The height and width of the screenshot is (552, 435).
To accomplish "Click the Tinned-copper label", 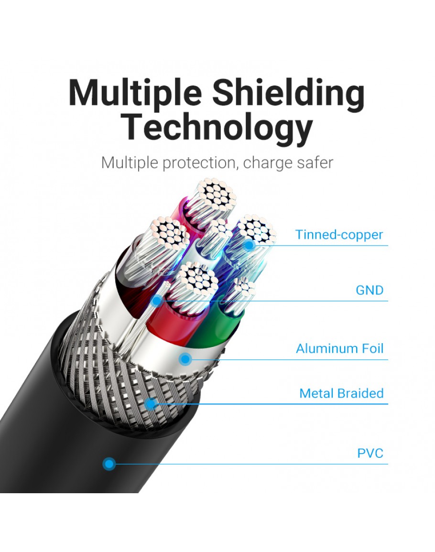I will point(339,235).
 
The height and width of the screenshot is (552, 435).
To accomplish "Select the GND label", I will point(370,290).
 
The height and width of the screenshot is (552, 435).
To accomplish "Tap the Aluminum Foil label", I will point(339,348).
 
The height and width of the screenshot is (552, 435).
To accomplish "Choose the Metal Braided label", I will point(341,393).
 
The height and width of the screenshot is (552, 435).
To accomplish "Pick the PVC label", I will point(370,453).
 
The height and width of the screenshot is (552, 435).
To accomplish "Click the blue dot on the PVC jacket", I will point(109,463).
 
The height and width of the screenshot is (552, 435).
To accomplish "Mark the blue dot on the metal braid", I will point(151,404).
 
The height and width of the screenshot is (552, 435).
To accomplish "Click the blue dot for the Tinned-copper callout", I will point(249,245).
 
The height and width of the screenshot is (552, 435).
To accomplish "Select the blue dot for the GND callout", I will point(157,301).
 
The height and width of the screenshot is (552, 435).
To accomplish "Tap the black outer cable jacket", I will point(57,430).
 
